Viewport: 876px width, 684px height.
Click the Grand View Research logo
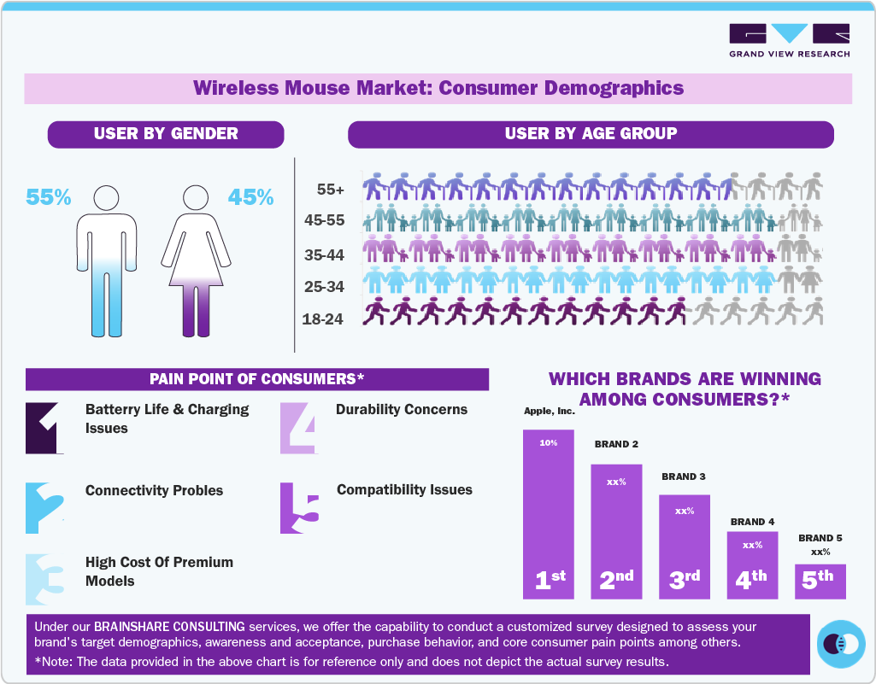(789, 40)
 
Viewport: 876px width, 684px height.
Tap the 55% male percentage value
(48, 197)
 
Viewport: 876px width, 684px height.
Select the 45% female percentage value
(250, 197)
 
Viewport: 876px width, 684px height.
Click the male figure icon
(106, 260)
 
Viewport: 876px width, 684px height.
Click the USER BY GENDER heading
(166, 134)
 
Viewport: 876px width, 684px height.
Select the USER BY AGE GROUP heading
(591, 134)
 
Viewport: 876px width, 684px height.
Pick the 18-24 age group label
(323, 319)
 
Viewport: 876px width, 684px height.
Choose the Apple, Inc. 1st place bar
(549, 513)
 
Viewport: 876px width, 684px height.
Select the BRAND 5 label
(820, 538)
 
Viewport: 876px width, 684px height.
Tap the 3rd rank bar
(684, 547)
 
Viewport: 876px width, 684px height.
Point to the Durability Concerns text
(402, 409)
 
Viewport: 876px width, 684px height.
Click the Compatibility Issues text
(404, 490)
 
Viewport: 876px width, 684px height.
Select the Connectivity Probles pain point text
(154, 491)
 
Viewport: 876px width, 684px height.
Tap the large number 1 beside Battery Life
(44, 427)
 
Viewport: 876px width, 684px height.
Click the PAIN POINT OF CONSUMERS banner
(256, 379)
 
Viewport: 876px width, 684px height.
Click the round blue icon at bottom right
(841, 643)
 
